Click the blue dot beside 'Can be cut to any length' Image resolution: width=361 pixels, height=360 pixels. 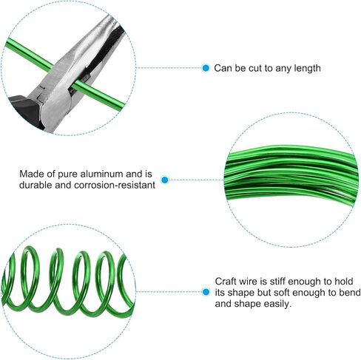pyautogui.click(x=206, y=68)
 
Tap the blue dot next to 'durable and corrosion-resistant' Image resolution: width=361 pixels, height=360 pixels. pyautogui.click(x=165, y=180)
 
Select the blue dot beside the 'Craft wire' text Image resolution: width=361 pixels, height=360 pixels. pyautogui.click(x=206, y=293)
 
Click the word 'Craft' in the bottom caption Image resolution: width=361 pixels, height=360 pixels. pyautogui.click(x=226, y=281)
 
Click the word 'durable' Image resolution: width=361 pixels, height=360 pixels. pyautogui.click(x=35, y=186)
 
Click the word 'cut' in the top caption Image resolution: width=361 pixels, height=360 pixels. pyautogui.click(x=259, y=68)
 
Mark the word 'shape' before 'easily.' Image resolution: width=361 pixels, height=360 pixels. pyautogui.click(x=251, y=304)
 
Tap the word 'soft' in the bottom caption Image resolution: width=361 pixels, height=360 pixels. pyautogui.click(x=285, y=293)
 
